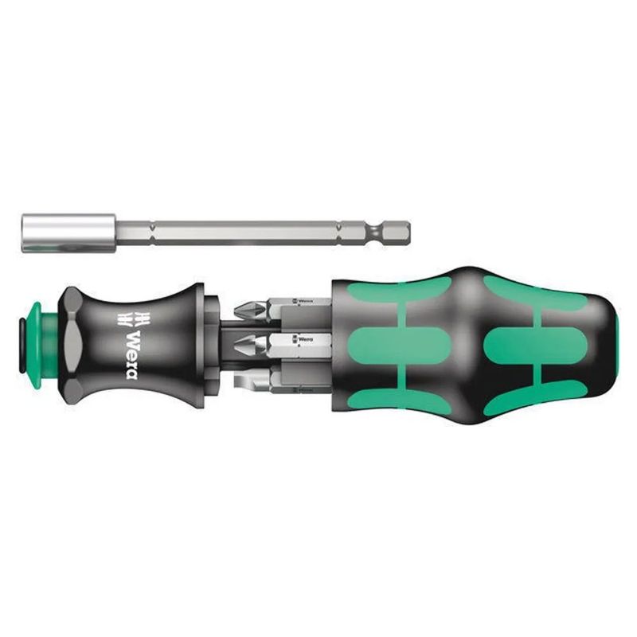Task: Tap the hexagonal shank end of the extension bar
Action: click(x=397, y=232)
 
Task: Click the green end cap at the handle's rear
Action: click(x=616, y=345)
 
